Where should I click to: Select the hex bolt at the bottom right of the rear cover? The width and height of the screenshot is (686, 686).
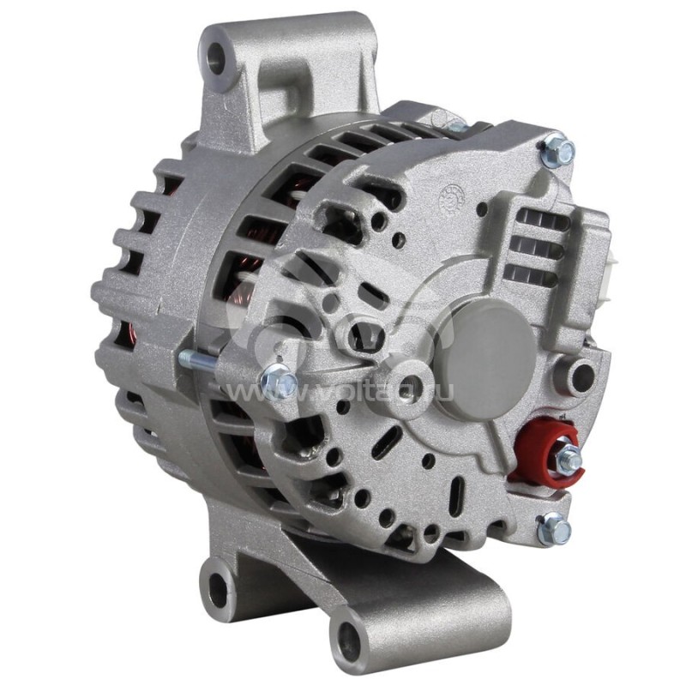pyautogui.click(x=554, y=529)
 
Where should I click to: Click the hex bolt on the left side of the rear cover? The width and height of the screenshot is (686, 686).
pyautogui.click(x=276, y=378)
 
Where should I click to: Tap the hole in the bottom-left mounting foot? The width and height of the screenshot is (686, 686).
pyautogui.click(x=219, y=589)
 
